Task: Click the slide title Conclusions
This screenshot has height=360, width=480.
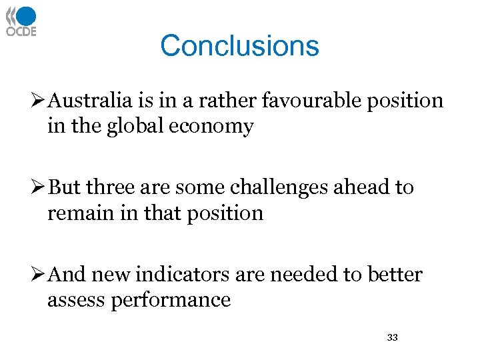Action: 239,46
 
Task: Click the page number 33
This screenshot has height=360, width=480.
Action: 392,338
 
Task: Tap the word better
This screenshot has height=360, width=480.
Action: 395,274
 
